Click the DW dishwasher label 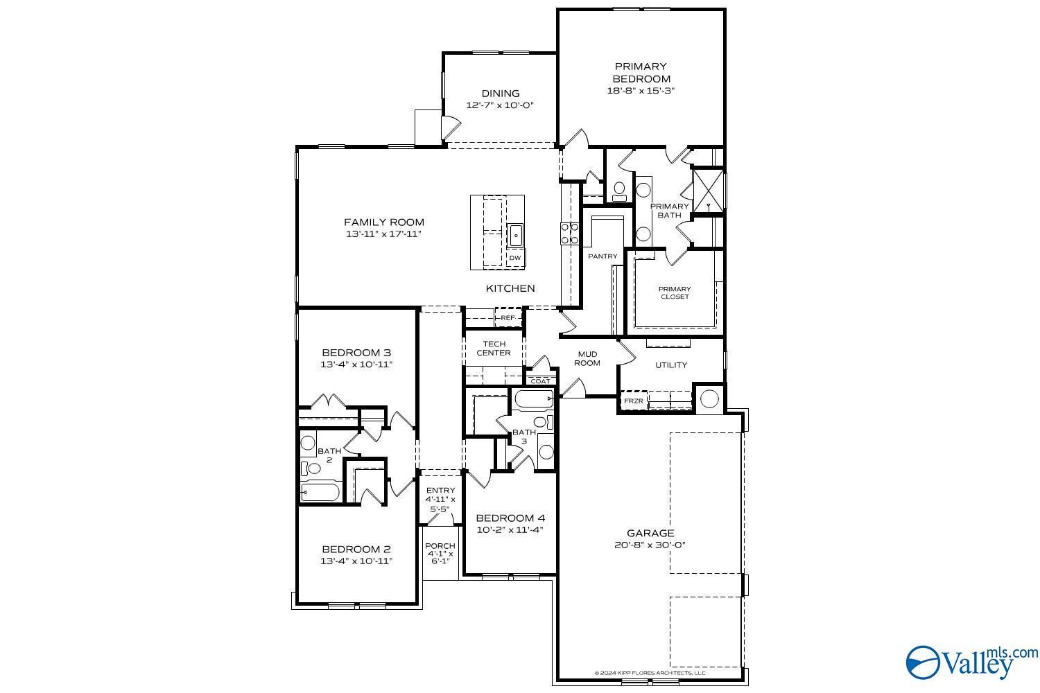coord(515,258)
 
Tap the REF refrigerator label coord(508,318)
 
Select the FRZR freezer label coord(633,401)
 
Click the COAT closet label coord(540,381)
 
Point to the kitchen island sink coord(515,236)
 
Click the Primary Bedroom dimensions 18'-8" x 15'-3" coord(641,91)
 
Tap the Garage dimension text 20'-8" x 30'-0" coord(650,545)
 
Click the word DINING coord(501,94)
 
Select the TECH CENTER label coord(494,348)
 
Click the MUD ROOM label coord(587,358)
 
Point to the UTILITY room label coord(671,365)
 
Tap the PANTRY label coord(603,256)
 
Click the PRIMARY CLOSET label coord(675,292)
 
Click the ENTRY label coord(440,490)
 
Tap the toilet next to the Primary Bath coord(619,191)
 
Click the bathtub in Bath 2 coord(320,492)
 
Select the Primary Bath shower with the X coord(708,191)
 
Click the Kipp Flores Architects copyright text coord(650,673)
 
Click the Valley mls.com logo coord(971,663)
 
